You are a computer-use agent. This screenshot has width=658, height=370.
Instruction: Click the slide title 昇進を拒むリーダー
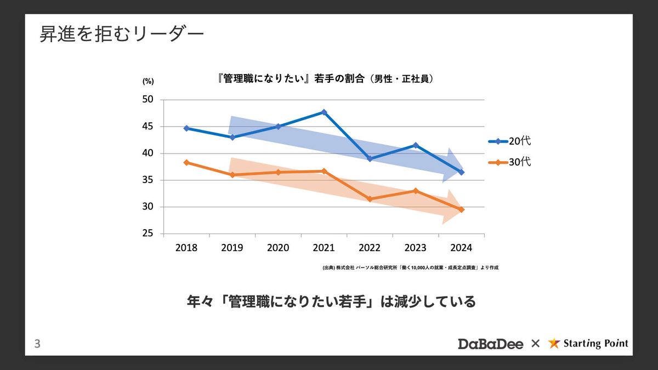(x=122, y=34)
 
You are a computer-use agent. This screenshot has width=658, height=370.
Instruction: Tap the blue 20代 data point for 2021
(x=324, y=112)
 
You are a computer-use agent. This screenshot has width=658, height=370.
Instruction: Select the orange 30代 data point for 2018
(x=186, y=162)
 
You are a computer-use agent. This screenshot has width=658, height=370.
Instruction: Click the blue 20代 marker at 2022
(x=370, y=158)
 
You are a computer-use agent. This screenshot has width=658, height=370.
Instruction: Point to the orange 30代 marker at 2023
(x=416, y=191)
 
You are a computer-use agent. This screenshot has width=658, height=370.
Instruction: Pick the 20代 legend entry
(x=509, y=141)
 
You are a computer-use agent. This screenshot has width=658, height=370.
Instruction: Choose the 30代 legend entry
(x=509, y=162)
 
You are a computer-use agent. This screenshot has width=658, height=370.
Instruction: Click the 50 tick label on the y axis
(x=148, y=100)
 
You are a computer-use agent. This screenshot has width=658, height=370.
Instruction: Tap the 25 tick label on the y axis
(x=148, y=234)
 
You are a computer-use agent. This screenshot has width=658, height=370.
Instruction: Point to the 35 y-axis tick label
(x=148, y=180)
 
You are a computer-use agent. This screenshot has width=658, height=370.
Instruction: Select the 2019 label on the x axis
(x=232, y=248)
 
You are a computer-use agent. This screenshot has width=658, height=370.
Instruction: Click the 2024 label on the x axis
(x=461, y=248)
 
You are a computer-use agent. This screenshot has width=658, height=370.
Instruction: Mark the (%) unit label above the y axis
(x=148, y=81)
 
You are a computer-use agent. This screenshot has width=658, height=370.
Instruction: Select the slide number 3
(x=37, y=344)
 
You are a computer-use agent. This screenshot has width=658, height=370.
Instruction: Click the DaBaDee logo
(x=491, y=344)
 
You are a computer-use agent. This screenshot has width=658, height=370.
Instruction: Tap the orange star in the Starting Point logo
(x=554, y=344)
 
